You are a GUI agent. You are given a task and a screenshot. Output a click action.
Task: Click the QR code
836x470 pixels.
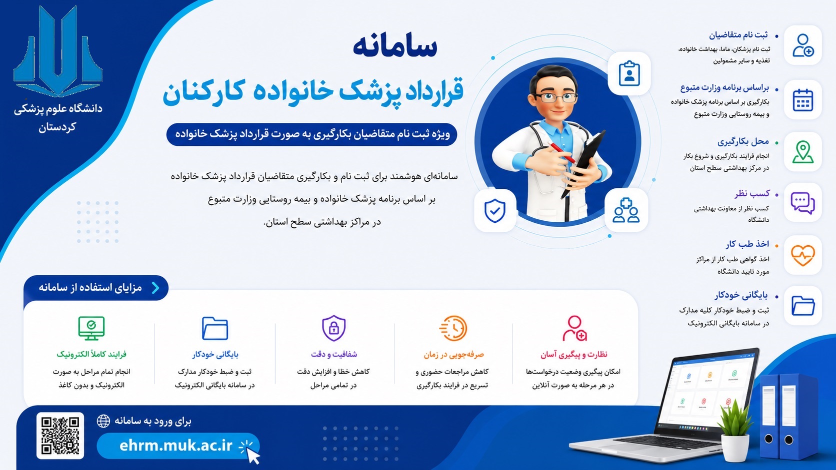click(x=60, y=436)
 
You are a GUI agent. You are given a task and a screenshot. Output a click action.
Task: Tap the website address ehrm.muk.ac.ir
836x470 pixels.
click(x=176, y=446)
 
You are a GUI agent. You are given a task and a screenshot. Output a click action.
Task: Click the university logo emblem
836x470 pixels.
click(x=58, y=51)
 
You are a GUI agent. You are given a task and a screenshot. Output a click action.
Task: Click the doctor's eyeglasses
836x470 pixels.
click(x=556, y=97)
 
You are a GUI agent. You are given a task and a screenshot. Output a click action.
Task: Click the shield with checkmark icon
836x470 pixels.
click(x=495, y=211)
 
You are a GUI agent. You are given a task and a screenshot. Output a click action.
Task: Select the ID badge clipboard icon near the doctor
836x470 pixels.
click(x=629, y=73)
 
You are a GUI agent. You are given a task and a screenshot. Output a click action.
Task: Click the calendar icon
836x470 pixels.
click(x=803, y=100)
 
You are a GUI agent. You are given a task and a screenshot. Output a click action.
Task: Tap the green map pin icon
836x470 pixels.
click(x=803, y=152)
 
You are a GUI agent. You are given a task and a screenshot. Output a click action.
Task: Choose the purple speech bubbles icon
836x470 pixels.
click(x=803, y=203)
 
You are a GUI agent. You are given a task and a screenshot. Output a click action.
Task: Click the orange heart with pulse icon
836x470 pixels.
click(x=803, y=255)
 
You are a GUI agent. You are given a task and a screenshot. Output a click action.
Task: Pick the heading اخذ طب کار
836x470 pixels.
click(x=747, y=244)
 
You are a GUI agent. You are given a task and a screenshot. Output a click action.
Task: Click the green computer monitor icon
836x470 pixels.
click(x=91, y=328)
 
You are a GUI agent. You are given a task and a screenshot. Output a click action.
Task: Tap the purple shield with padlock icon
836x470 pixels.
click(x=333, y=328)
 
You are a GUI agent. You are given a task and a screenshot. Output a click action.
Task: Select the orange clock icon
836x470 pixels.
click(x=453, y=328)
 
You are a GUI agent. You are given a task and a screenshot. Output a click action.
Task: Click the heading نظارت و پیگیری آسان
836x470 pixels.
click(x=574, y=355)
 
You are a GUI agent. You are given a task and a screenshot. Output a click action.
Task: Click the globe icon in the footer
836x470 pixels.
click(x=103, y=421)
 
